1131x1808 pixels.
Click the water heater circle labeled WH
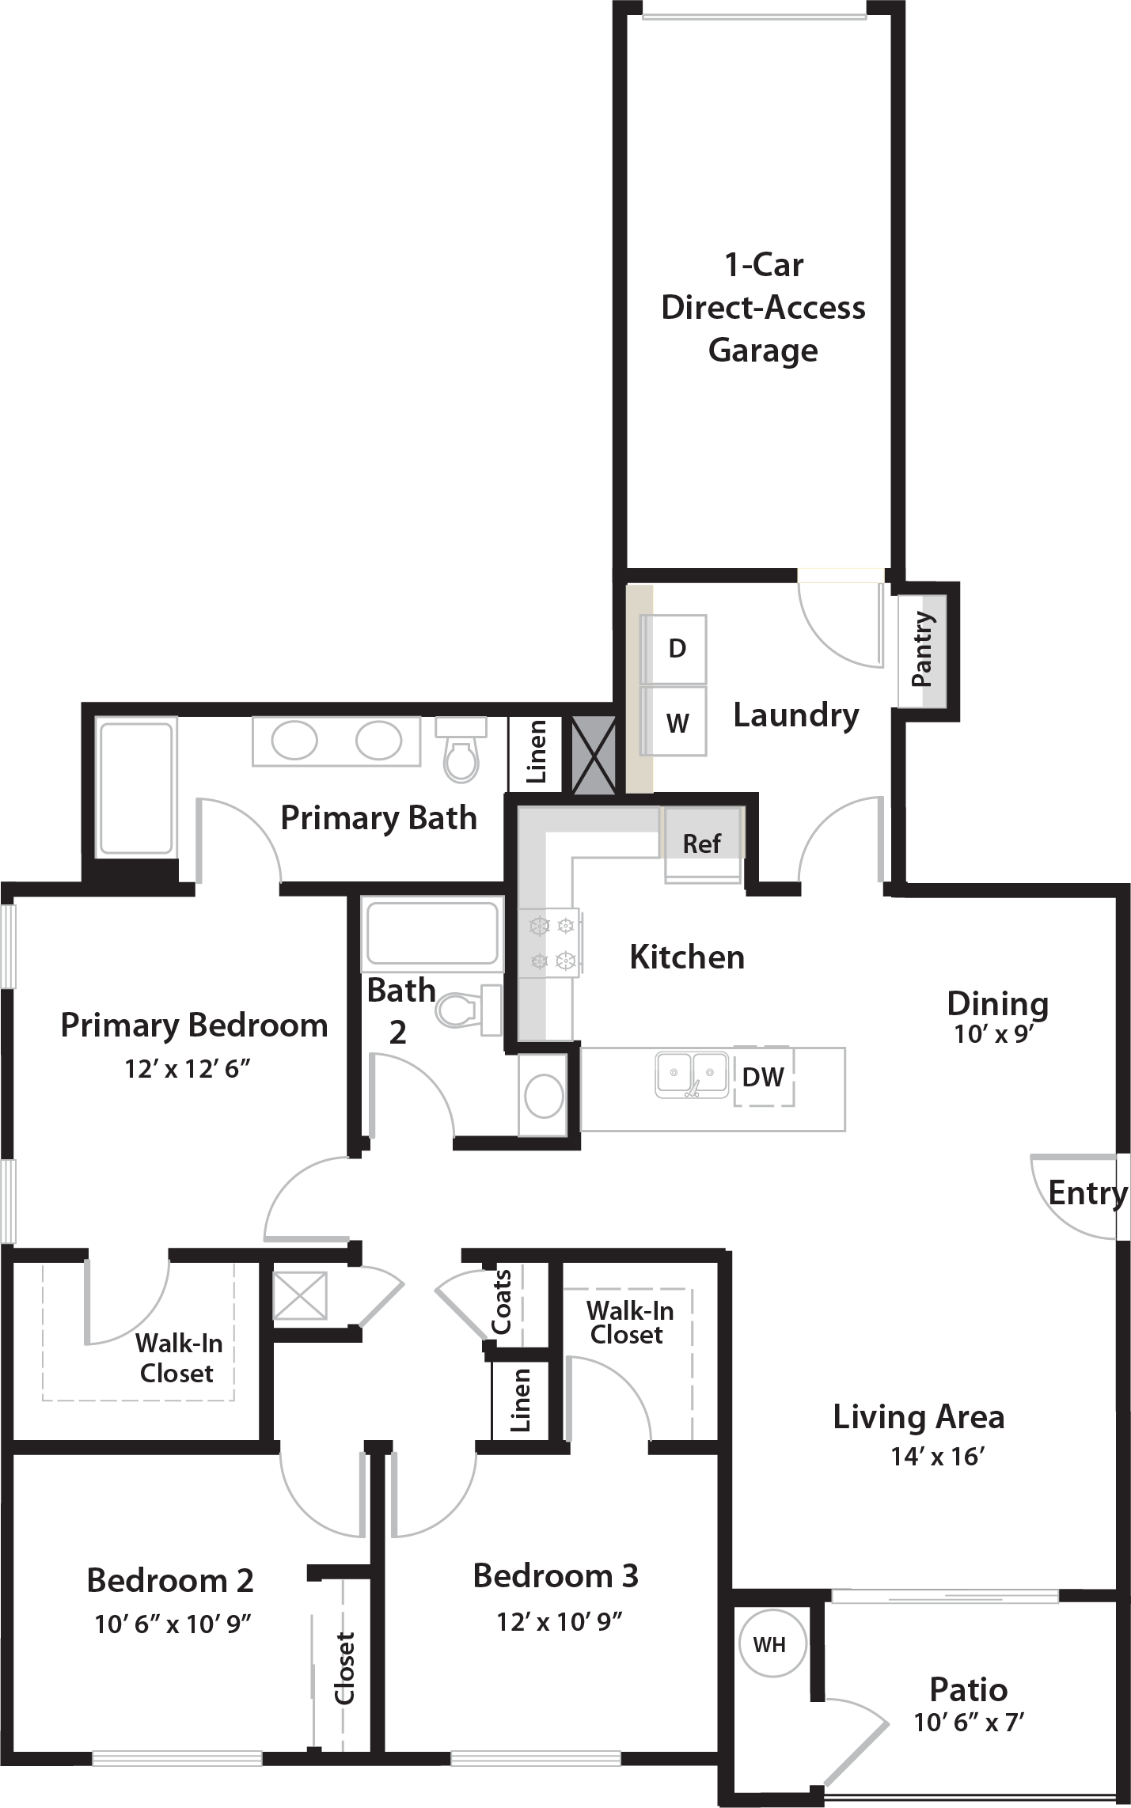tap(772, 1644)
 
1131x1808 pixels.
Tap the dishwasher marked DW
tap(764, 1076)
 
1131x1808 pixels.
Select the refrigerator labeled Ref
tap(703, 843)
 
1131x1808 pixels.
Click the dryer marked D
tap(675, 649)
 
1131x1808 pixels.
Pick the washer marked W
tap(675, 721)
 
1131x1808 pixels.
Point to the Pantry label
tap(921, 649)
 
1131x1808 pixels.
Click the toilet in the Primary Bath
tap(461, 750)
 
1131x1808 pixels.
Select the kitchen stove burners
tap(552, 943)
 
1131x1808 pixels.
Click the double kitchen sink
tap(692, 1074)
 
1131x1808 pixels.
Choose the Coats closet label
tap(503, 1302)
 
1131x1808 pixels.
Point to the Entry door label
tap(1088, 1193)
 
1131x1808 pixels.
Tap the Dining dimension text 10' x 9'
tap(994, 1034)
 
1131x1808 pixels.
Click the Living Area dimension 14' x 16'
tap(936, 1456)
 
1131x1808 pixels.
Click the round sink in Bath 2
tap(544, 1096)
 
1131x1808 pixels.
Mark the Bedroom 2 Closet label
tap(344, 1668)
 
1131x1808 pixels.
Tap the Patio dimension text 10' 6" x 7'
tap(969, 1723)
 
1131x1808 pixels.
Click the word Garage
tap(763, 351)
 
